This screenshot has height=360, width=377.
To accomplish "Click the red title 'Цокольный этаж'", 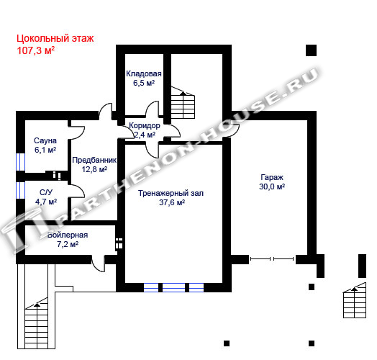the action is (x=55, y=38).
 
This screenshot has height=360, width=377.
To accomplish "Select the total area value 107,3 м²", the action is (x=35, y=50).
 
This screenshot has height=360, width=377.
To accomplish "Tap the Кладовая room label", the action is (x=144, y=73).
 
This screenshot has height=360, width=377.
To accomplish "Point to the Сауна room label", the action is (x=45, y=140).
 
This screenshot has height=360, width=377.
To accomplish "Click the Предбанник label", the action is (x=94, y=160).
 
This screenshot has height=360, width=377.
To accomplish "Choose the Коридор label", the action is (x=145, y=125).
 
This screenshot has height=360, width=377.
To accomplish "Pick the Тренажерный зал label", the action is (x=171, y=193).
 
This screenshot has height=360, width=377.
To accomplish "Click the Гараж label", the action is (x=272, y=177).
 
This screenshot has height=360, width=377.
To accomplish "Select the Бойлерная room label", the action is (x=68, y=235).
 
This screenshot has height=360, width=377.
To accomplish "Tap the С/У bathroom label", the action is (x=46, y=192).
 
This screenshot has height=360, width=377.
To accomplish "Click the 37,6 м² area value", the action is (x=172, y=202).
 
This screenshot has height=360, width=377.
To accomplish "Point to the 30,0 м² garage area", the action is (x=272, y=186).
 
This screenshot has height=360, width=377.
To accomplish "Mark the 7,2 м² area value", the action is (x=68, y=244).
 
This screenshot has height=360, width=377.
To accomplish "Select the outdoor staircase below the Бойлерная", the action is (x=37, y=323).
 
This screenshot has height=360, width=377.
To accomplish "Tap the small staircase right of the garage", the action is (x=355, y=300).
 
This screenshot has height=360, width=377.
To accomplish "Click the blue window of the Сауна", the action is (x=20, y=162).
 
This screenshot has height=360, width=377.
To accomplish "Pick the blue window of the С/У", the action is (x=20, y=190).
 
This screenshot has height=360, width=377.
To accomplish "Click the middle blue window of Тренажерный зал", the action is (x=174, y=287).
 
